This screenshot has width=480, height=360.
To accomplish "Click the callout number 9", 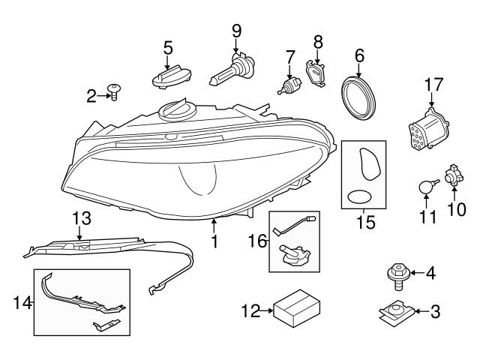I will [237, 31].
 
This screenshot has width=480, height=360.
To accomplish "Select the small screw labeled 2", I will [115, 94].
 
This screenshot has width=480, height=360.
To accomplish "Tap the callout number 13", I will [81, 218].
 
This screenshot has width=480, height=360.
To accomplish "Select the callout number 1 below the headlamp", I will [215, 242].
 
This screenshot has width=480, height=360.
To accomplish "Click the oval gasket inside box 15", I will [360, 197].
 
